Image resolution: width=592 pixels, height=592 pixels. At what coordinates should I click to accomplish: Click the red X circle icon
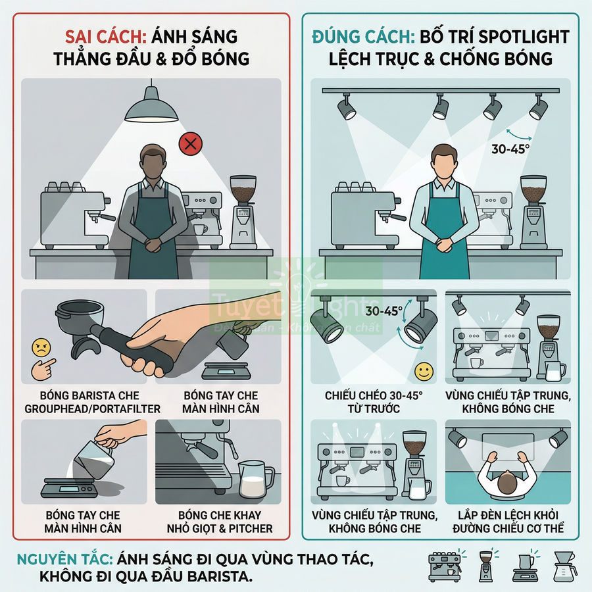point(191,144)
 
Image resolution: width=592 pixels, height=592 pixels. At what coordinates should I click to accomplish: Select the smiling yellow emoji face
point(425,372)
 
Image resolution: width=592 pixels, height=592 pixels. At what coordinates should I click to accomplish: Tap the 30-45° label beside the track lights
point(510,149)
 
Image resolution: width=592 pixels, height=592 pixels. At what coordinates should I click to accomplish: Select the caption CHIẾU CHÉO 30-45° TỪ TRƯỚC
point(374,402)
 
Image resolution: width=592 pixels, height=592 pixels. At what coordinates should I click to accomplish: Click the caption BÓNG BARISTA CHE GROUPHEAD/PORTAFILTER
point(84,402)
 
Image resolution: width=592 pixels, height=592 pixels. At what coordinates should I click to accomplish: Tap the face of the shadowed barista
point(153,160)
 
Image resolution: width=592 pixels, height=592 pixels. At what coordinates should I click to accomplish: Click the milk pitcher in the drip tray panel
point(256,478)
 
